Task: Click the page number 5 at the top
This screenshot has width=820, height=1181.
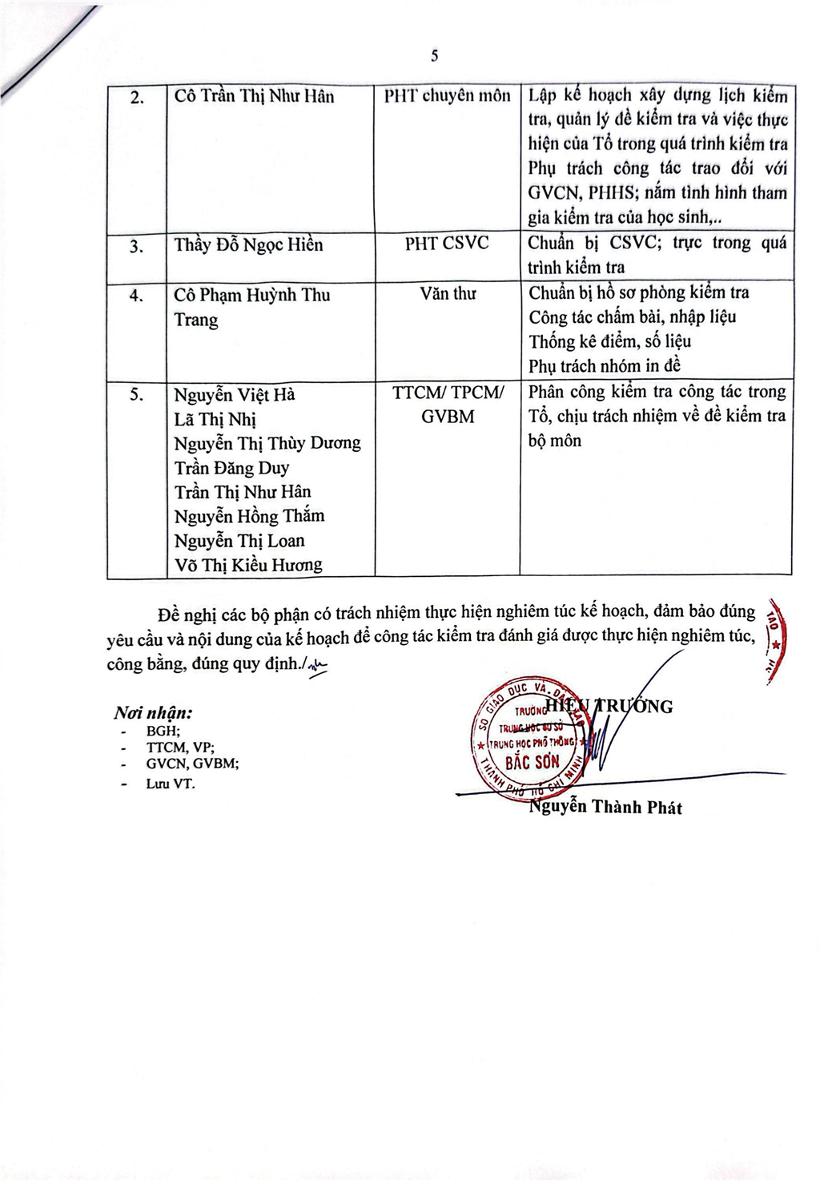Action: pyautogui.click(x=434, y=55)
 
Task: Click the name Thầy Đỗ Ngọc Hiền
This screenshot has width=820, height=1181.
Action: pyautogui.click(x=248, y=244)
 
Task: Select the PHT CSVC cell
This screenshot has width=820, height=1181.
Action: pyautogui.click(x=446, y=244)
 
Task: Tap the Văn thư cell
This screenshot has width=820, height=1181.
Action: pyautogui.click(x=447, y=294)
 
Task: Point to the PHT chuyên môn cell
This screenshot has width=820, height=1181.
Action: pyautogui.click(x=447, y=96)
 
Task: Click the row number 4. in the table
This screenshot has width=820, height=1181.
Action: pyautogui.click(x=136, y=295)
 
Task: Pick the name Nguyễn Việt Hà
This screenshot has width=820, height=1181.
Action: pyautogui.click(x=235, y=394)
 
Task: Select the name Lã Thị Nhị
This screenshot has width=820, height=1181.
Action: pyautogui.click(x=215, y=419)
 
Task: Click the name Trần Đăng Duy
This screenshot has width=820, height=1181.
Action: pyautogui.click(x=231, y=467)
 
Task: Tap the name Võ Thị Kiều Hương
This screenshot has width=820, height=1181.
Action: pyautogui.click(x=248, y=565)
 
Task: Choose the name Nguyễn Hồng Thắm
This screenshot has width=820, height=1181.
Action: pyautogui.click(x=249, y=516)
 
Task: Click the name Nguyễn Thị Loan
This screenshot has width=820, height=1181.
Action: pyautogui.click(x=239, y=541)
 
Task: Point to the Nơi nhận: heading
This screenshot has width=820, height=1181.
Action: pyautogui.click(x=153, y=713)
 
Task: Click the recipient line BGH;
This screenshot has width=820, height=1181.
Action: pyautogui.click(x=163, y=731)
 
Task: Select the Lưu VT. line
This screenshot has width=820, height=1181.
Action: pyautogui.click(x=170, y=784)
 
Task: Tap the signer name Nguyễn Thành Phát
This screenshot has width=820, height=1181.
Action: pyautogui.click(x=605, y=807)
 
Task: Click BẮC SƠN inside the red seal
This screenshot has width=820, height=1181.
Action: pyautogui.click(x=532, y=762)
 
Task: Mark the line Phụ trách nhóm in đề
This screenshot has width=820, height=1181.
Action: pyautogui.click(x=605, y=366)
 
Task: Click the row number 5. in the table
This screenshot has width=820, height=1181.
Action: pyautogui.click(x=136, y=394)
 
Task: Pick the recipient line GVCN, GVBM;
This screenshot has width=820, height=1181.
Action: pyautogui.click(x=192, y=764)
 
